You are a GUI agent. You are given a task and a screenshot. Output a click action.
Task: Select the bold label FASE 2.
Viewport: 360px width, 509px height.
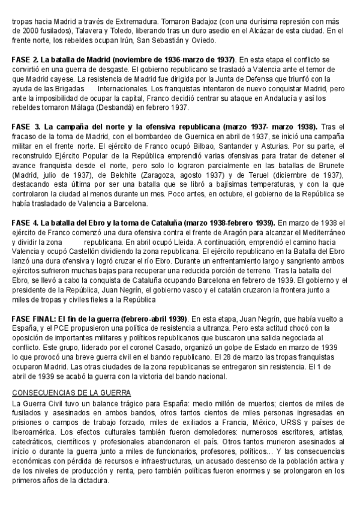coord(25,61)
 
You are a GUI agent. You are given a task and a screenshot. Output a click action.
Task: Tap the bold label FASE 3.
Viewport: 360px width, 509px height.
coord(26,127)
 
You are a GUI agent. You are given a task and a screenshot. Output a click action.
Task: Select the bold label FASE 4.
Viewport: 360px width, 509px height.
coord(25,223)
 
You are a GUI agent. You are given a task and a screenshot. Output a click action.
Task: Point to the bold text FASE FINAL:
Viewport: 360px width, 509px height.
coord(34,318)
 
